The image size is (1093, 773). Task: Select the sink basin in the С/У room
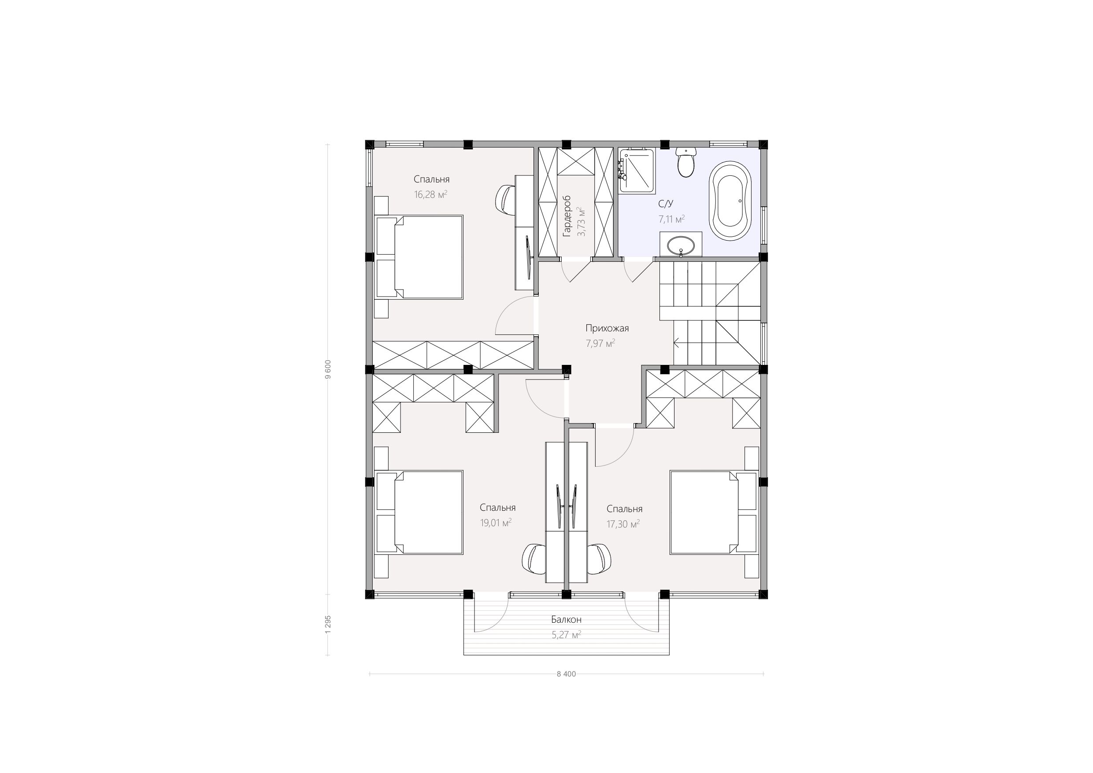(681, 246)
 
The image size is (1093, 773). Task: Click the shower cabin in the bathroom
(637, 170)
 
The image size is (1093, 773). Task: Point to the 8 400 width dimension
(566, 674)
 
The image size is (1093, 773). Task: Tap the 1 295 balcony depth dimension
(327, 624)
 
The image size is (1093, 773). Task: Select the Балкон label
(566, 620)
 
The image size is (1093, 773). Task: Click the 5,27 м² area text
(566, 635)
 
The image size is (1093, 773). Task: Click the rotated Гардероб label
(567, 216)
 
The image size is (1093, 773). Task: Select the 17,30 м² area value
(623, 524)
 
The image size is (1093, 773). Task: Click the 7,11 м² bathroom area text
(672, 219)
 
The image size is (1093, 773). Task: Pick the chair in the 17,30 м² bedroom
(599, 560)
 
